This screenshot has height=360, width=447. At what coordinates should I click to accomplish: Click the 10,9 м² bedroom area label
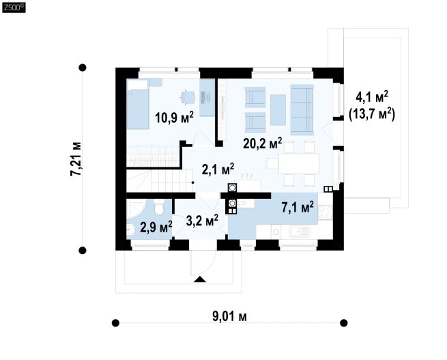[x=174, y=117]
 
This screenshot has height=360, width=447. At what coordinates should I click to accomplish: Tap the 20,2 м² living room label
[x=263, y=143]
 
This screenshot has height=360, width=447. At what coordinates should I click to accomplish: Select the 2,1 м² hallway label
[x=218, y=169]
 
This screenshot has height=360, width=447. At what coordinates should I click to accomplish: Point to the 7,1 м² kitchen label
[x=298, y=207]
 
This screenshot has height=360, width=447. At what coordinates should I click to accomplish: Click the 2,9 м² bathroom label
[x=156, y=227]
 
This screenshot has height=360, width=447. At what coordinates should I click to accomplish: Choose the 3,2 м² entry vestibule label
[x=202, y=221]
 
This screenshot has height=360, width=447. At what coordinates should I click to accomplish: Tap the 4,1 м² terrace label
[x=372, y=97]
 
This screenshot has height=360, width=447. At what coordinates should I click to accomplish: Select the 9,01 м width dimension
[x=229, y=316]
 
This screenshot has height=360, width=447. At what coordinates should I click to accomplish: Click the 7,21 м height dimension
[x=76, y=159]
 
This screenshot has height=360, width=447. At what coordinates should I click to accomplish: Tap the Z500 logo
[x=14, y=8]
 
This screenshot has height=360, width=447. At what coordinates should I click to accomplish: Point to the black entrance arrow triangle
[x=199, y=279]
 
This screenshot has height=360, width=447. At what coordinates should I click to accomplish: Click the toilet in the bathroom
[x=158, y=206]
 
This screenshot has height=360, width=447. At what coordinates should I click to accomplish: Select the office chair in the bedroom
[x=187, y=97]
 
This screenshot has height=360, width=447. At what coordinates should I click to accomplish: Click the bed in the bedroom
[x=138, y=105]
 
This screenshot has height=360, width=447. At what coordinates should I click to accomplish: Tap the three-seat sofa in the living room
[x=302, y=110]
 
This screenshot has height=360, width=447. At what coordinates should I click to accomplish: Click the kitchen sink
[x=300, y=232]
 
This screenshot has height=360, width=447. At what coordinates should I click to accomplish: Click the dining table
[x=299, y=163]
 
